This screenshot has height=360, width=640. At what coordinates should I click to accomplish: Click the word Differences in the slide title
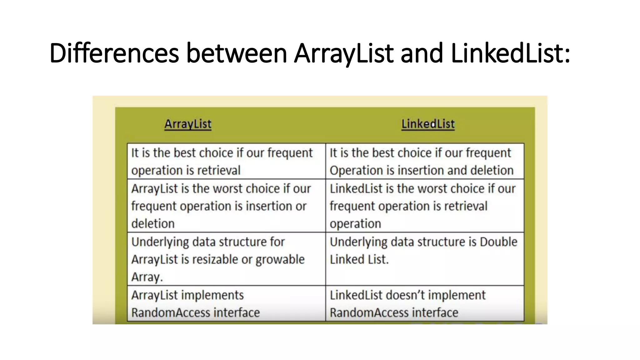coord(114,53)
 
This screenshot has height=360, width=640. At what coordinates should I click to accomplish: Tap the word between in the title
coord(237,53)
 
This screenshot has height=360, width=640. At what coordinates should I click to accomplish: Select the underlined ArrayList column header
coord(188,124)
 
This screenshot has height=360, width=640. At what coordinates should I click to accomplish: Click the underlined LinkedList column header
coord(428,124)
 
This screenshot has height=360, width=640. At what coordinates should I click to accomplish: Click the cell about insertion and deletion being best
coord(424,161)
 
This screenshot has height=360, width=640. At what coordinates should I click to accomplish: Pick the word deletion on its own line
coord(153,224)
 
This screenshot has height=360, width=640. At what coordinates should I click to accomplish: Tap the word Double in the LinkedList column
coord(498,242)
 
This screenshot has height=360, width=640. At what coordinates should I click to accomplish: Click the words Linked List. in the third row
coord(359,260)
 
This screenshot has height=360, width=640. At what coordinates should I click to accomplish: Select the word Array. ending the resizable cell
coord(147,277)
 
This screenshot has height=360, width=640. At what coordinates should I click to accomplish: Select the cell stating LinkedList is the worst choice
coord(424,206)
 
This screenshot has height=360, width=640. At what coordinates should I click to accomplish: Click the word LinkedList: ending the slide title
coord(510,53)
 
